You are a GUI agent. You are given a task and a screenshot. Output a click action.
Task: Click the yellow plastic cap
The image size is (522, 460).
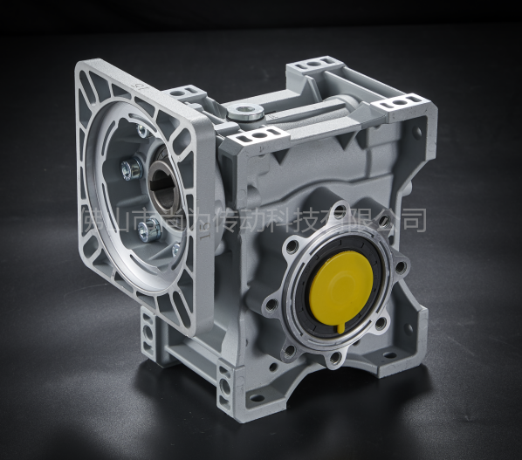point(341,285)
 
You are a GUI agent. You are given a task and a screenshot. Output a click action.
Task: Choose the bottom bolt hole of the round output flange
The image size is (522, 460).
point(334,357)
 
